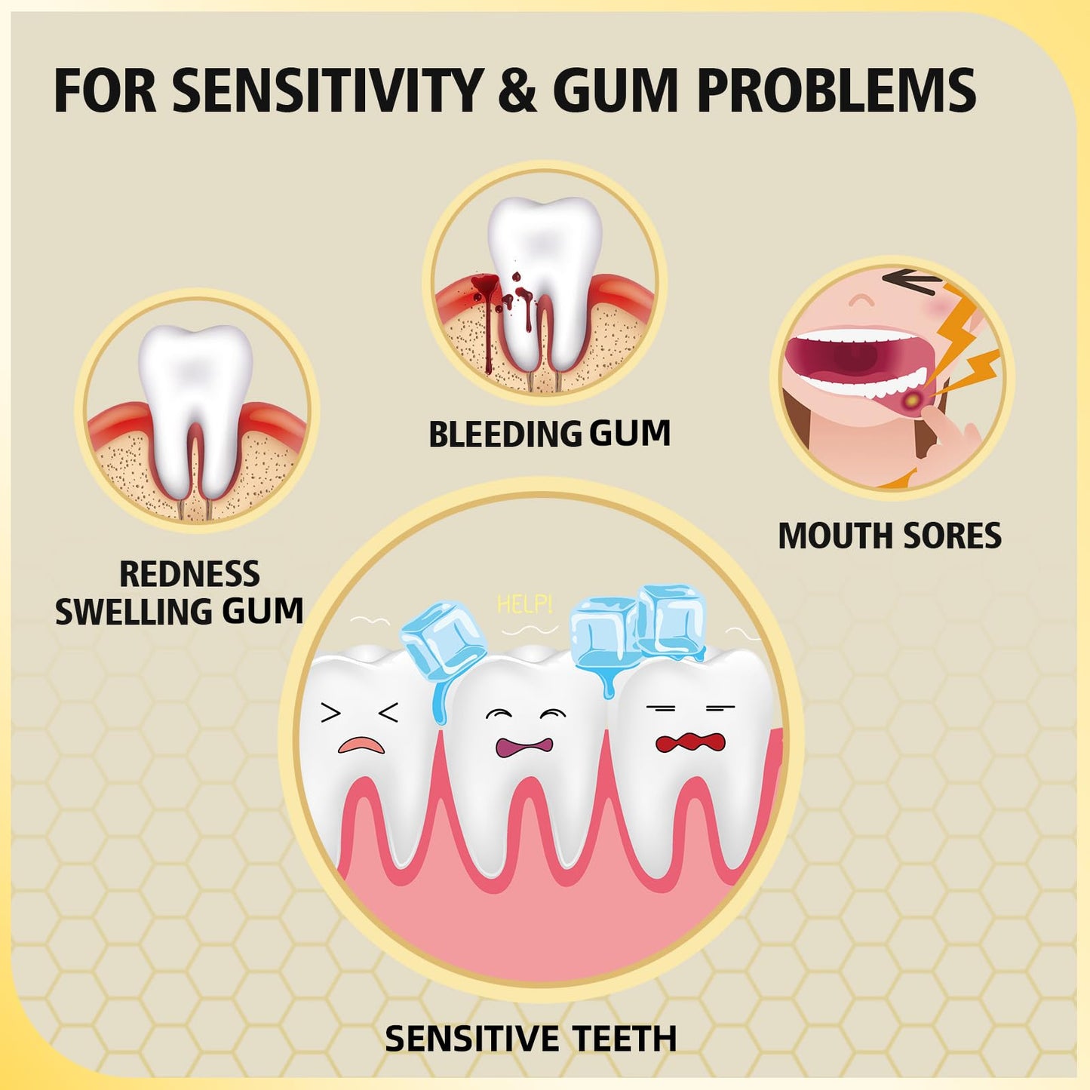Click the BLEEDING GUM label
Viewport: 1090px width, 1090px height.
tap(549, 434)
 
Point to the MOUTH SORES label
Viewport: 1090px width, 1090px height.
tap(890, 535)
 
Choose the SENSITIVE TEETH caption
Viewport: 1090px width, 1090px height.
tap(530, 1037)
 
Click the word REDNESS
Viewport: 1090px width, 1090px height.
tap(189, 573)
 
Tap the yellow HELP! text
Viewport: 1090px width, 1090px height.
tap(524, 605)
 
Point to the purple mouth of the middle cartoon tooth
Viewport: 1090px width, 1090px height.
tap(524, 747)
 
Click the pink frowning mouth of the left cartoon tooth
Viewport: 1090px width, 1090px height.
tap(361, 745)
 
